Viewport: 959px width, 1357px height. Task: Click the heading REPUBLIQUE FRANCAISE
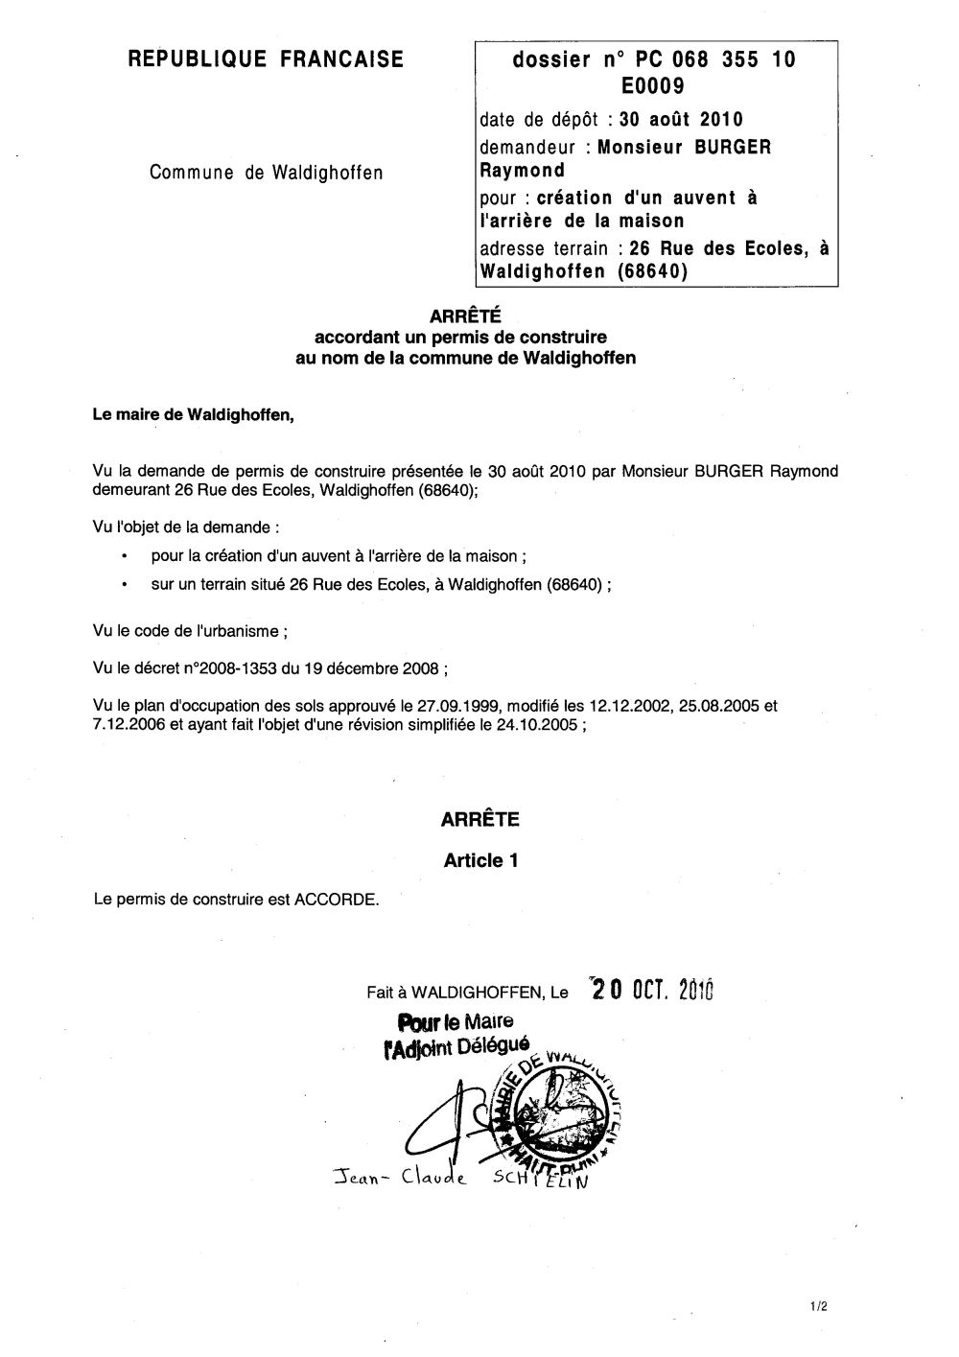tap(266, 60)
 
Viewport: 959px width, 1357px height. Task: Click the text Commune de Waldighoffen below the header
tap(266, 173)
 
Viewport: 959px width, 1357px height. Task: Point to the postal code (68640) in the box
tap(652, 271)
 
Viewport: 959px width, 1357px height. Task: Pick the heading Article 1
tap(480, 860)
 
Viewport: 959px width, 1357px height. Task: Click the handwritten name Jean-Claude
tap(395, 1179)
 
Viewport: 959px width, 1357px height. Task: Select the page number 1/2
tap(816, 1306)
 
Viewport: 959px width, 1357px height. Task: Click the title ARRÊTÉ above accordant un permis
tap(465, 315)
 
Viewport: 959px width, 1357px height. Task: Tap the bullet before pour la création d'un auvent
tap(126, 556)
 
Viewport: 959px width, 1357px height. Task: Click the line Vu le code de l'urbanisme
tap(190, 631)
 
